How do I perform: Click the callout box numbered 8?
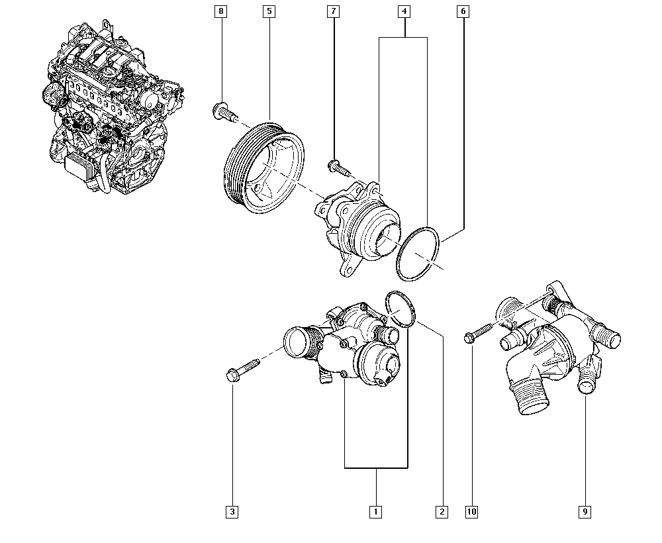coord(221,12)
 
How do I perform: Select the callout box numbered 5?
coord(268,12)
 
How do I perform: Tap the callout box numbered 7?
coord(334,12)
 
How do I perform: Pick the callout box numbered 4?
coord(404,12)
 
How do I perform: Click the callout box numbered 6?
coord(463,12)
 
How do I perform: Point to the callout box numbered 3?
coord(232,511)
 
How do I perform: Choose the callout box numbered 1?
coord(375,511)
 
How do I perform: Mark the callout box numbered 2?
coord(441,511)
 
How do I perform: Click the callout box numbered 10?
coord(471,511)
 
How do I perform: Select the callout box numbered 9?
coord(585,511)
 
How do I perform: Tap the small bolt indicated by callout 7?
coord(338,168)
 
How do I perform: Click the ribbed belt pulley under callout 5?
coord(258,169)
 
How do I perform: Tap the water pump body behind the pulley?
coord(357,225)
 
